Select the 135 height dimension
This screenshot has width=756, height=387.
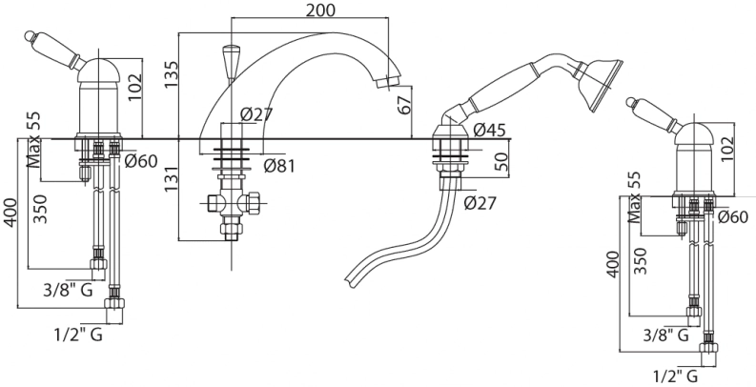tap(172, 74)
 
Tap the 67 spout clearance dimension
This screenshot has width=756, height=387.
tap(404, 104)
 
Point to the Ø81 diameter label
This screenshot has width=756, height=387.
tap(279, 166)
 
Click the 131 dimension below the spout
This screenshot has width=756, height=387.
tap(172, 175)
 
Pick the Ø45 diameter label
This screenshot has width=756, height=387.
tap(489, 130)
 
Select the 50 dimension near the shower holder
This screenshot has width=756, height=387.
tap(501, 161)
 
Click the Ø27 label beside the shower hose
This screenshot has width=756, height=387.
tap(480, 203)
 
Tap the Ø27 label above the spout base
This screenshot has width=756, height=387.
tap(256, 114)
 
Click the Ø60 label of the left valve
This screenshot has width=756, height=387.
tap(141, 161)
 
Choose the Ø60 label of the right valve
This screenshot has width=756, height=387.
tap(733, 217)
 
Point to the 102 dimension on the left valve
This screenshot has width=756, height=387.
tap(135, 87)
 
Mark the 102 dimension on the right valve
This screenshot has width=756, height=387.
tap(728, 149)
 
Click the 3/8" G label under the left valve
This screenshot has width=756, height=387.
tap(68, 290)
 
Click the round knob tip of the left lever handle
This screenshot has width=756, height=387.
tap(30, 34)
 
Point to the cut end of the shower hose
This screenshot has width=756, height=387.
tap(350, 279)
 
